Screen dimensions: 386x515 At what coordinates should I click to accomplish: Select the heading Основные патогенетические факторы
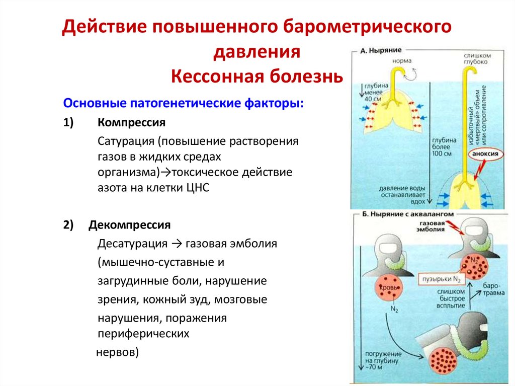(x=183, y=103)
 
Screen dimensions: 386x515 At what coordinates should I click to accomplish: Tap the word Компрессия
(x=131, y=122)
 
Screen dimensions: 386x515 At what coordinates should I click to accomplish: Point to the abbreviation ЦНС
(x=196, y=188)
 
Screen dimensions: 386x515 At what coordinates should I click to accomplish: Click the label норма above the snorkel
(x=403, y=61)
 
